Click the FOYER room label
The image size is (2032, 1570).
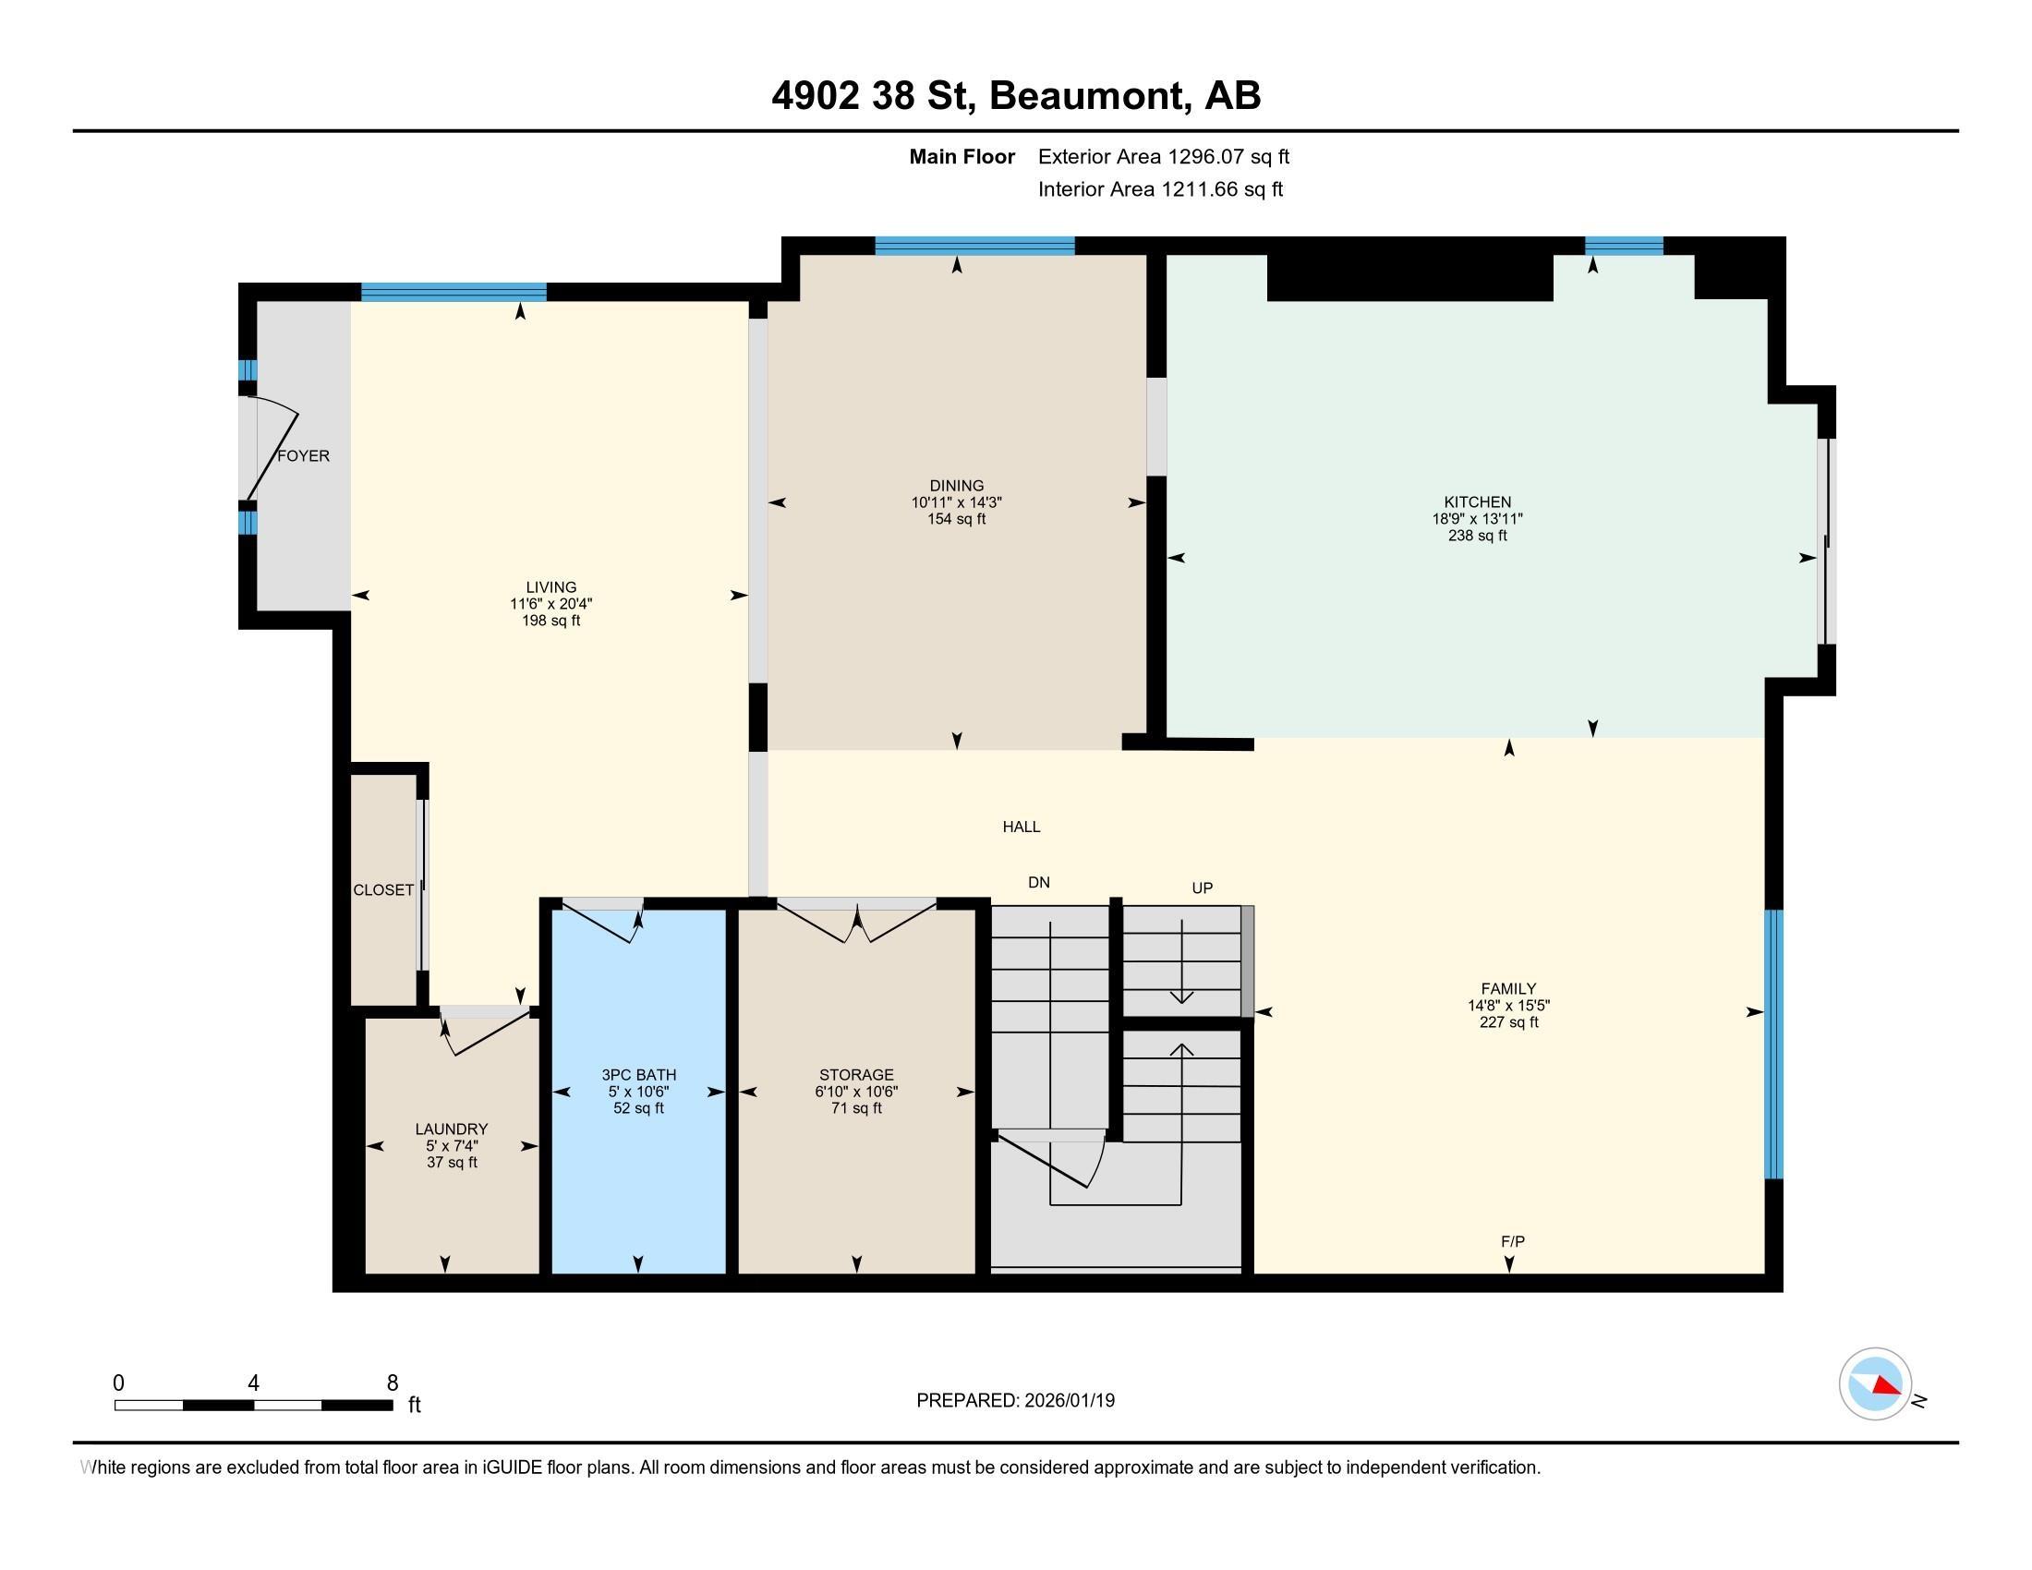click(x=303, y=455)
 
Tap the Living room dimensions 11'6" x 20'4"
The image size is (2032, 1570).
click(x=550, y=604)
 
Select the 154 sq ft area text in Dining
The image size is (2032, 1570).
click(x=957, y=519)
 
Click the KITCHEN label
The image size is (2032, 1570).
click(x=1478, y=502)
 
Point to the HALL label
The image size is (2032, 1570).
click(x=1022, y=827)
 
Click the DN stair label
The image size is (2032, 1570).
click(x=1039, y=883)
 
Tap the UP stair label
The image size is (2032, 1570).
click(x=1202, y=888)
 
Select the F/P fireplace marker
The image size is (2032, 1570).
click(x=1513, y=1241)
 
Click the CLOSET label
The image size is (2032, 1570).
click(x=383, y=890)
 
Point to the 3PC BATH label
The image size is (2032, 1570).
click(x=638, y=1075)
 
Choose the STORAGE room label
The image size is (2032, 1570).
click(x=856, y=1075)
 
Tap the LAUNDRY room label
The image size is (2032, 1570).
click(x=452, y=1129)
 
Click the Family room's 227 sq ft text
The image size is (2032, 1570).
click(x=1509, y=1022)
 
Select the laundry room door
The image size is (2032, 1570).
click(x=484, y=1031)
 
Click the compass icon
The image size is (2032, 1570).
click(x=1876, y=1384)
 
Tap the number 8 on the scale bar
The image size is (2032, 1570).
click(x=393, y=1383)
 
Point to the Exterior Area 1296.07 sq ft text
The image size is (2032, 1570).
click(x=1164, y=156)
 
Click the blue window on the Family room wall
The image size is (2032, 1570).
click(x=1774, y=1044)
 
